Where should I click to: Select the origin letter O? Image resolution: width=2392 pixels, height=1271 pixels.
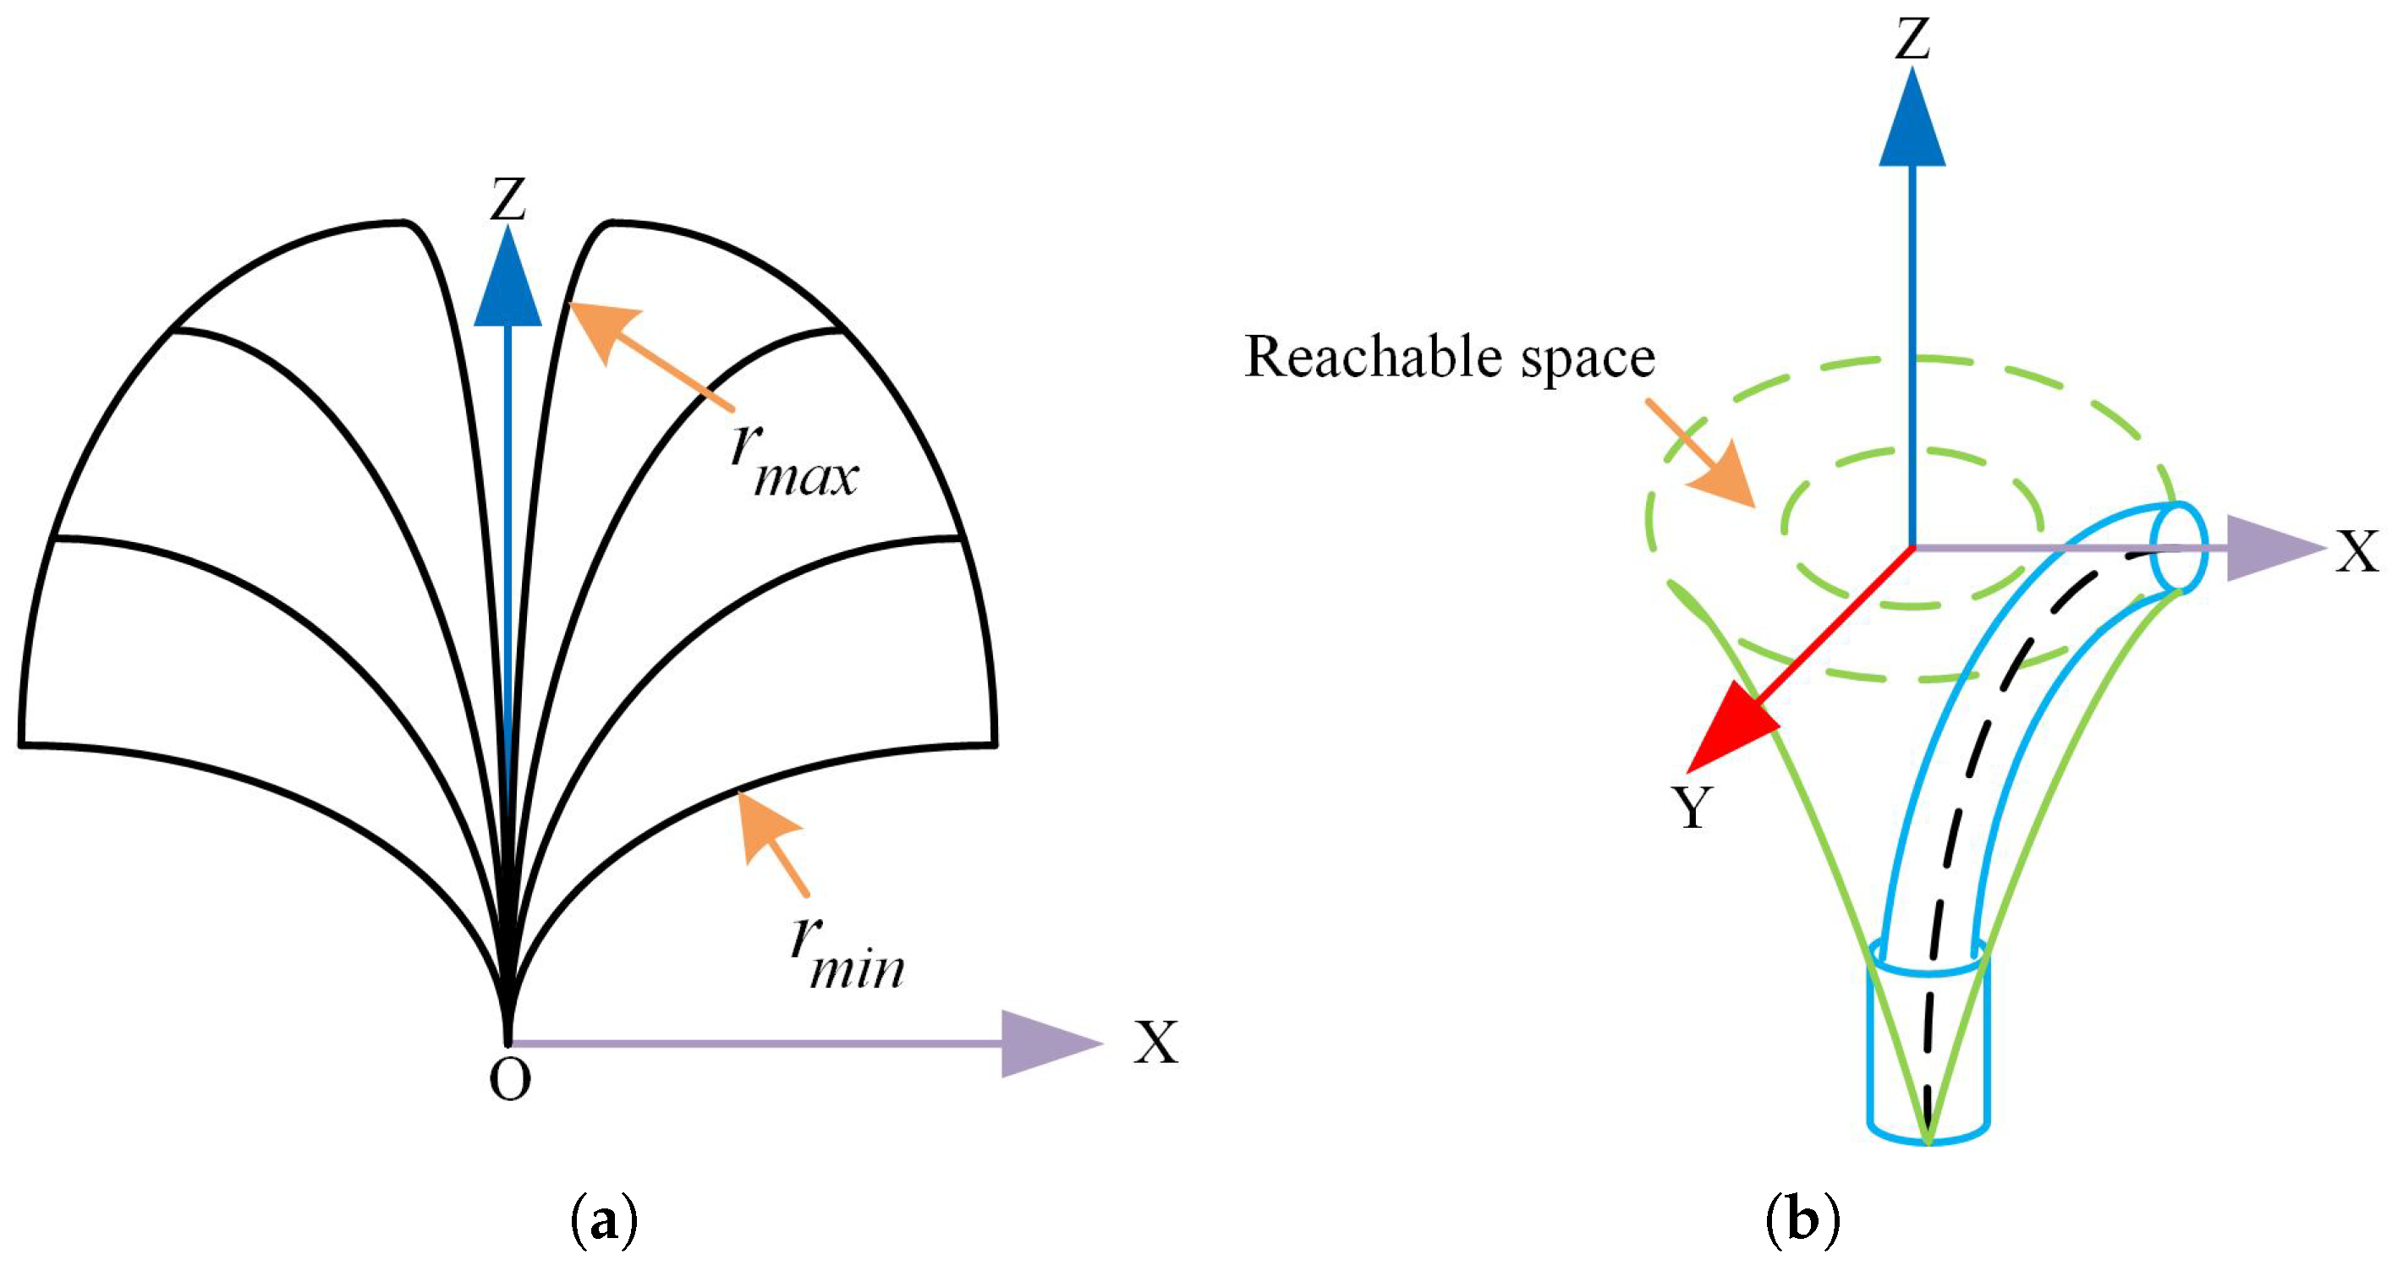(x=510, y=1080)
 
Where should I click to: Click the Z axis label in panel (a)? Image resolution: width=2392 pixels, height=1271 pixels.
(x=508, y=200)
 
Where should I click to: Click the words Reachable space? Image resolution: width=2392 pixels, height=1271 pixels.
(x=1450, y=358)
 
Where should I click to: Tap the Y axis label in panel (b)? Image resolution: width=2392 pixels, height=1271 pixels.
(x=1693, y=807)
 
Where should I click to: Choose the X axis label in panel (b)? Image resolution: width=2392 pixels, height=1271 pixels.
(x=2356, y=551)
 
